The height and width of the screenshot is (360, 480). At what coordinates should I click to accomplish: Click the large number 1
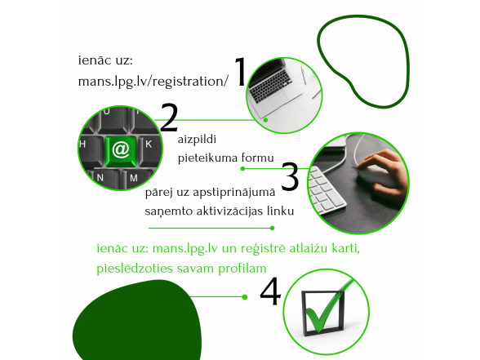(240, 72)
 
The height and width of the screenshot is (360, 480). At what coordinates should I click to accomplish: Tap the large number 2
(169, 118)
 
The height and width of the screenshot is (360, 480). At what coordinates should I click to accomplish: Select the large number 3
(290, 176)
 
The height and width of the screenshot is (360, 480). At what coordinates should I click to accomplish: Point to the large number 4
(270, 291)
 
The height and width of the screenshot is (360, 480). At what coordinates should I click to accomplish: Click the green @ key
(121, 151)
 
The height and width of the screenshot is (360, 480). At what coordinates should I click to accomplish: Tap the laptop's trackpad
(278, 98)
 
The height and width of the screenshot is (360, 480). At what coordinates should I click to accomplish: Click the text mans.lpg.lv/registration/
(153, 82)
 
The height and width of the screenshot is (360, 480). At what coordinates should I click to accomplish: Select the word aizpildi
(197, 140)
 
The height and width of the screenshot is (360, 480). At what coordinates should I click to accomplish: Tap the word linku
(281, 211)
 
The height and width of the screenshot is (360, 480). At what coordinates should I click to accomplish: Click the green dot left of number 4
(245, 297)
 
